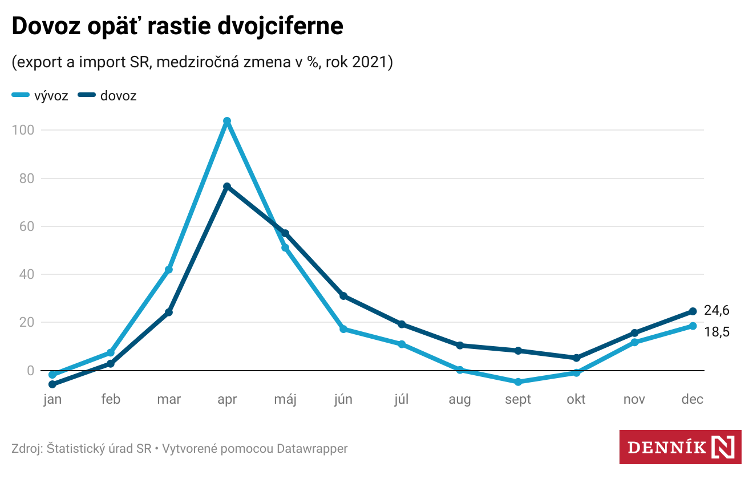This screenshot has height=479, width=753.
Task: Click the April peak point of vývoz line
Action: [227, 121]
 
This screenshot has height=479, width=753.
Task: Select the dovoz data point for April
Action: [227, 186]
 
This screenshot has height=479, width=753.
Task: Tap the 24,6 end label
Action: [716, 311]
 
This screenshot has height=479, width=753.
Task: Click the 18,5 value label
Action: [716, 332]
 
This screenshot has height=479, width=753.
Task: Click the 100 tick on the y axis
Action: [23, 130]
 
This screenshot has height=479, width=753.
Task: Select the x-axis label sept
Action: [518, 399]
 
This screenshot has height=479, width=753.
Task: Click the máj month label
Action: [285, 399]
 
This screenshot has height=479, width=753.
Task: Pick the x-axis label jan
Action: [52, 399]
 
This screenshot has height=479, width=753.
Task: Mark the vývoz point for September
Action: [518, 382]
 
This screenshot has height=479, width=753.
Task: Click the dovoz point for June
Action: [343, 296]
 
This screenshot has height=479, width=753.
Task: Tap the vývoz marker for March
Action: [169, 270]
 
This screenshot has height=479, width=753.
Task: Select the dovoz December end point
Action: [693, 311]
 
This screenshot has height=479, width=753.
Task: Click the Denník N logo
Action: [680, 446]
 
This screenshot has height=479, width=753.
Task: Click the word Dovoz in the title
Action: [45, 26]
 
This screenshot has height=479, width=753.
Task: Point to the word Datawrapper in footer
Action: [312, 449]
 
